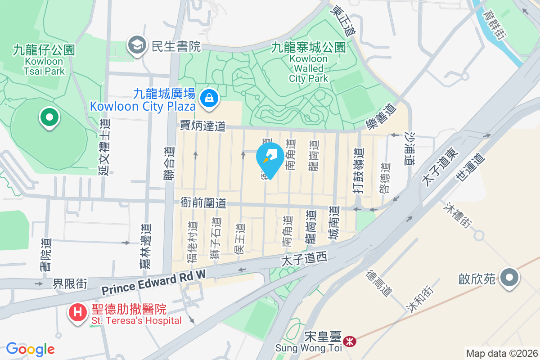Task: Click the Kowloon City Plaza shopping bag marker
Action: (209, 97)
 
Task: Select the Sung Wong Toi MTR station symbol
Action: (349, 341)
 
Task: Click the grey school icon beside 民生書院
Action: (135, 45)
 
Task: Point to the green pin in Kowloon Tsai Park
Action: (49, 118)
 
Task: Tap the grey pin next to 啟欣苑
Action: (509, 278)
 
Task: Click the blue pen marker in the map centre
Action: (270, 157)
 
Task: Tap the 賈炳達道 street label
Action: (202, 126)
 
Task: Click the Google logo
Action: (30, 349)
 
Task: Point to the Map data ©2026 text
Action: (502, 353)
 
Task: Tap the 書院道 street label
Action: (45, 255)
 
